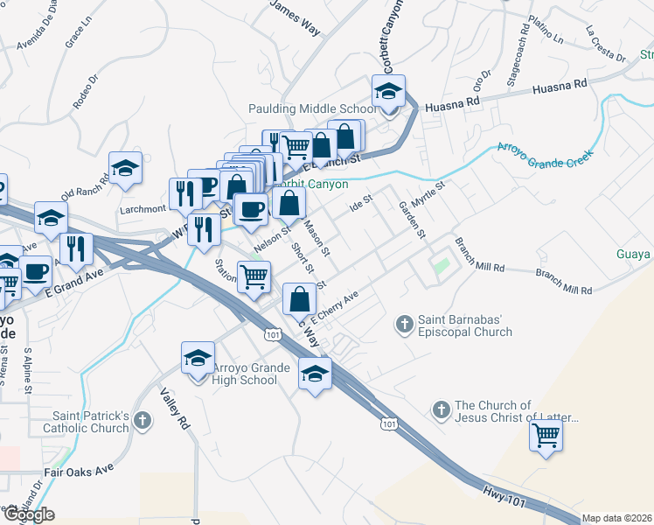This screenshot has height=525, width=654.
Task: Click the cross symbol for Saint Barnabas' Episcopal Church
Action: (404, 325)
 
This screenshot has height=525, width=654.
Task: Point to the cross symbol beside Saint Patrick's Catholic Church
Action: (143, 422)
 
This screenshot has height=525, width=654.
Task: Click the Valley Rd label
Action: (175, 408)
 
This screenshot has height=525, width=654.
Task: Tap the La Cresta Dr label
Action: (606, 45)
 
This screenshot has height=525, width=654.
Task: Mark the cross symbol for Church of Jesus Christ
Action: (441, 409)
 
